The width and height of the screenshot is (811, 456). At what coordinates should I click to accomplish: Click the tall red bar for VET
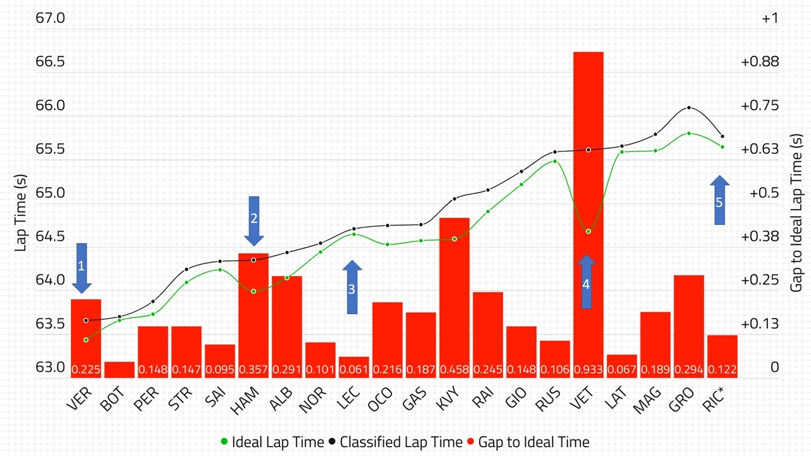point(588,127)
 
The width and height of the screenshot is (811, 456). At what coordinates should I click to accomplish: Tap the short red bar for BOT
point(119,370)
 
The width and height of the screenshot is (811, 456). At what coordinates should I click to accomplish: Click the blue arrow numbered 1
point(81,267)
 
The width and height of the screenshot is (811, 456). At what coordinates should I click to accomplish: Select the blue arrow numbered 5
point(719,201)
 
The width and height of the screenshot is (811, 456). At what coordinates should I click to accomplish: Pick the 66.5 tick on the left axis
point(51,61)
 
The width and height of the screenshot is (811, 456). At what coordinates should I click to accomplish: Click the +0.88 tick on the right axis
point(759,61)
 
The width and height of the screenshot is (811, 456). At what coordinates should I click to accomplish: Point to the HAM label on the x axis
point(244,400)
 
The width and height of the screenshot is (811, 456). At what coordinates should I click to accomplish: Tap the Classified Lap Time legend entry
point(395,442)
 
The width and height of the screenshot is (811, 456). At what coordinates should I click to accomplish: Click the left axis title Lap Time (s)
point(21,212)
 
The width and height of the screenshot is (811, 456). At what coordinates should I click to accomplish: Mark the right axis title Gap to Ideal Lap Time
point(796,212)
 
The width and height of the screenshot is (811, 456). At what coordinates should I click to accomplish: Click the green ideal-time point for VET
point(589,231)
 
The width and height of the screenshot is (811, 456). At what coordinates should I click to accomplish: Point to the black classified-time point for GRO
point(689,108)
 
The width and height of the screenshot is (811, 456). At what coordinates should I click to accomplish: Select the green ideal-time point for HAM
point(253,291)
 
